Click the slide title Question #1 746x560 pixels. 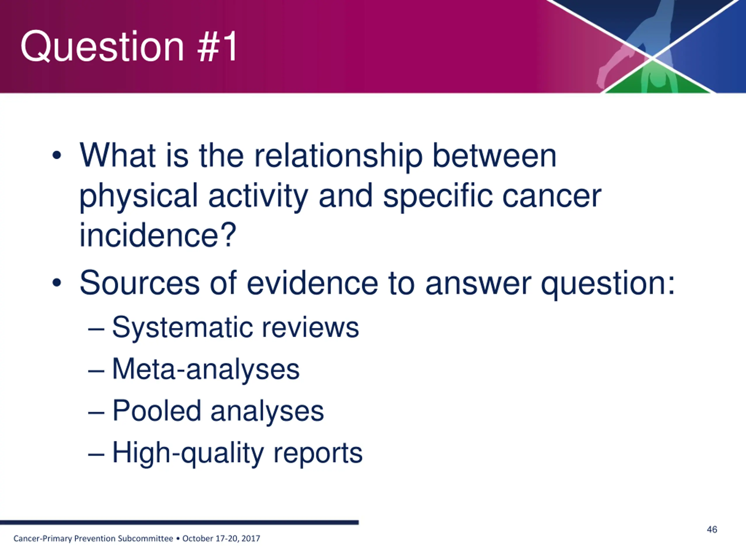pyautogui.click(x=129, y=46)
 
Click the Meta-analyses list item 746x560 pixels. pyautogui.click(x=206, y=369)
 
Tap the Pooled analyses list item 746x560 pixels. pyautogui.click(x=218, y=411)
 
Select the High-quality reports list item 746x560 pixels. pyautogui.click(x=237, y=453)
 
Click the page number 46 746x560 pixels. pyautogui.click(x=712, y=529)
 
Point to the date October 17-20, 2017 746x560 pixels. pyautogui.click(x=221, y=538)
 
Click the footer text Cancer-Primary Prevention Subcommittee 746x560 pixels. pyautogui.click(x=93, y=538)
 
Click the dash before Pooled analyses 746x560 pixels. pyautogui.click(x=96, y=412)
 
